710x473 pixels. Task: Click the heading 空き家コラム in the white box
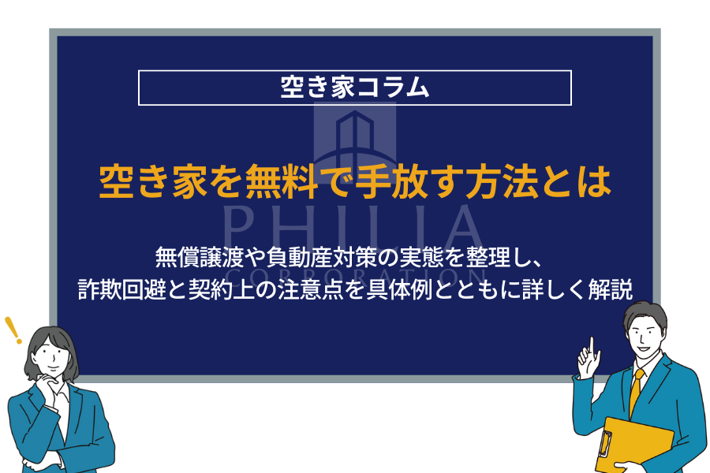(x=354, y=87)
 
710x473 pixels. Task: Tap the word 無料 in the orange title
(x=281, y=182)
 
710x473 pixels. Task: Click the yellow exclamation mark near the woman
(x=13, y=330)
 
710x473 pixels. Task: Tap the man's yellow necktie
(x=636, y=392)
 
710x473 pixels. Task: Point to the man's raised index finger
(x=592, y=346)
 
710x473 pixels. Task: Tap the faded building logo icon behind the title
(x=355, y=141)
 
